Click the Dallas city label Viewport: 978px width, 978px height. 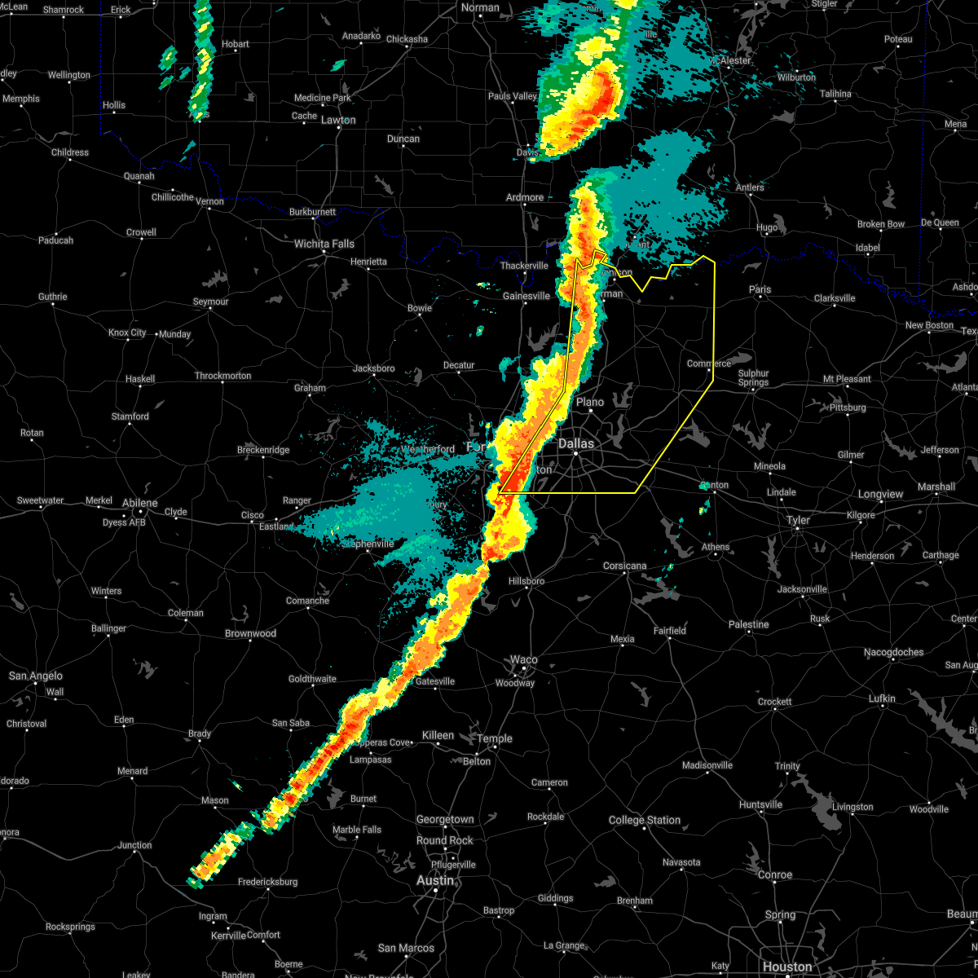pos(576,444)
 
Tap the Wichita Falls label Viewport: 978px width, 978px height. pos(324,244)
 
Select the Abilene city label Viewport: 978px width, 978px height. pos(139,503)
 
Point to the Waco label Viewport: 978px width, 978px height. pos(524,660)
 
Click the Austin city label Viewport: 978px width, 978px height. pos(435,880)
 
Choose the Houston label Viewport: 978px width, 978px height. pos(787,967)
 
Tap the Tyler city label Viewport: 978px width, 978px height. pos(798,520)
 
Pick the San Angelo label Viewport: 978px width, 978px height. pos(36,676)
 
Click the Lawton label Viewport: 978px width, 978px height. pos(338,120)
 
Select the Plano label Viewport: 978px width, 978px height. pos(590,402)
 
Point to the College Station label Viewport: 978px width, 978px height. pos(645,820)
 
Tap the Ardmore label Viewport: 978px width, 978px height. pos(525,197)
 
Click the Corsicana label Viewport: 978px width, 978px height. pos(625,566)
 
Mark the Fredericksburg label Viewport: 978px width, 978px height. pos(267,882)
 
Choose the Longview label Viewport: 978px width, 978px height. pos(880,494)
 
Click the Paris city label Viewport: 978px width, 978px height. pos(760,289)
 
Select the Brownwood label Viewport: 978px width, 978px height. pos(250,633)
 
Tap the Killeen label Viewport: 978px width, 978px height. pos(438,735)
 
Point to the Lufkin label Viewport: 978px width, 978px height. pos(882,698)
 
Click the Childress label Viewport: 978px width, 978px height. pos(70,152)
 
